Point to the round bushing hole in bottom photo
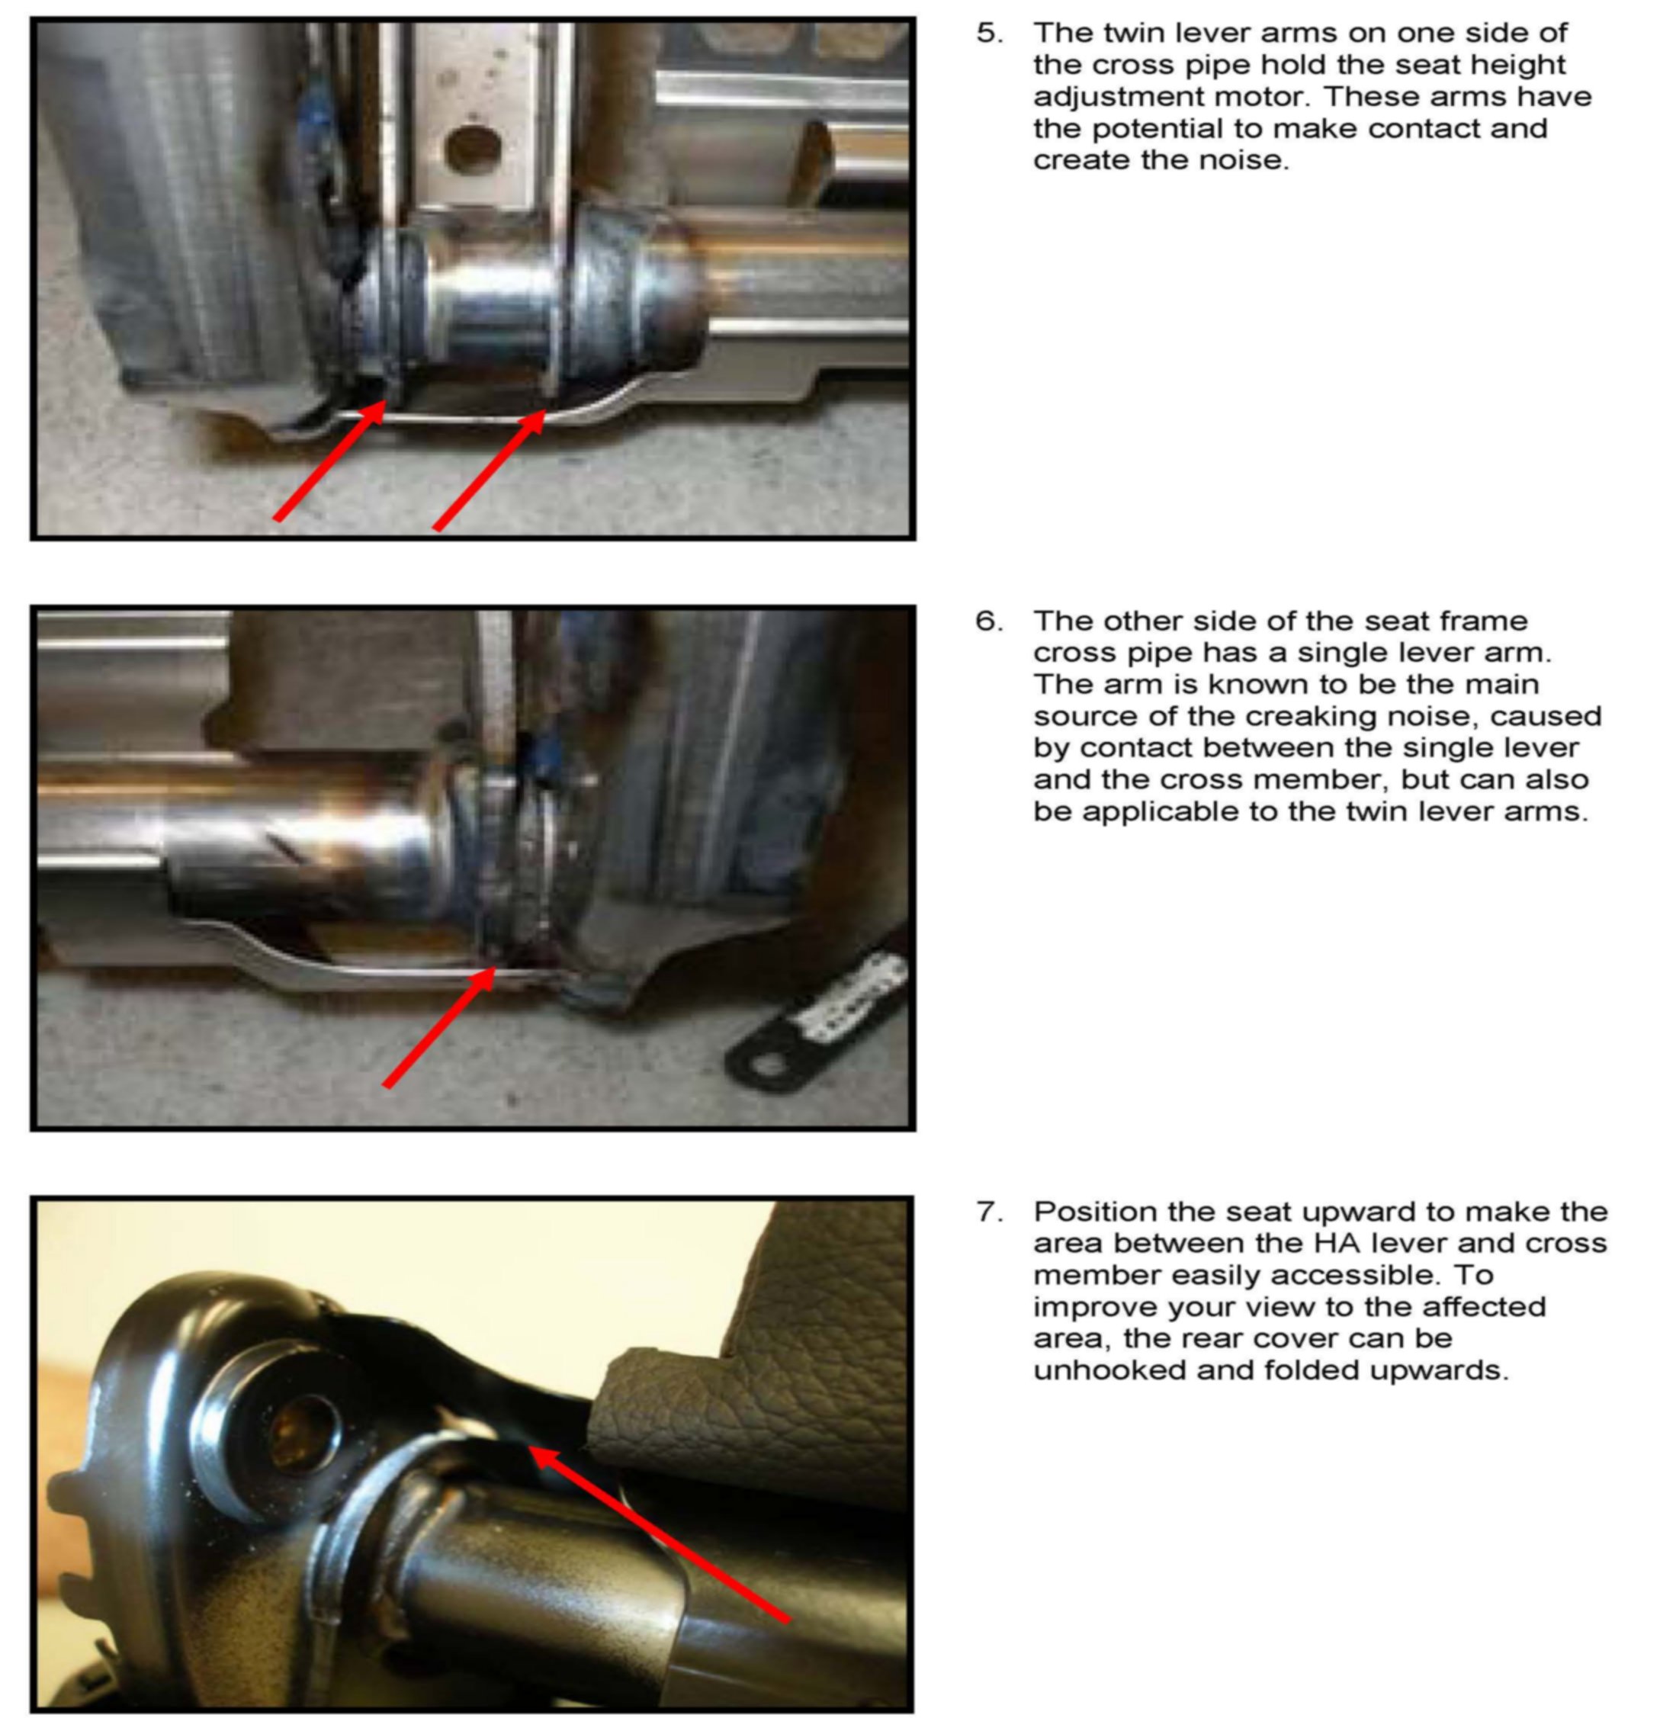tap(303, 1434)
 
